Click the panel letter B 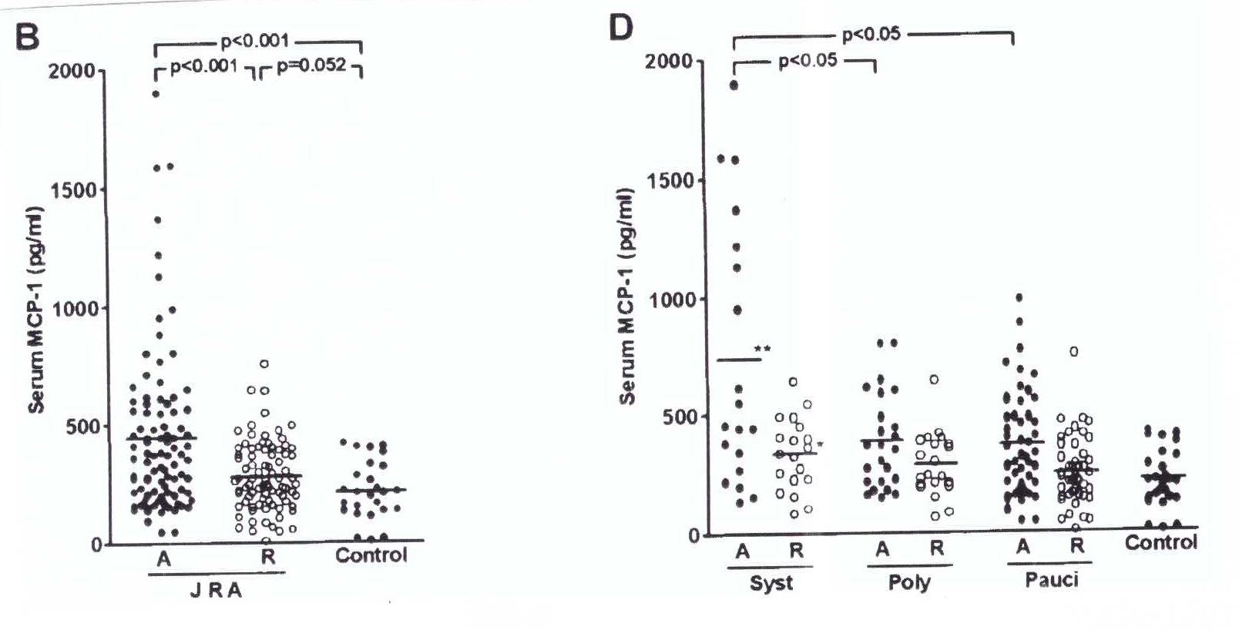(x=27, y=35)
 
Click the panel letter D (x=620, y=28)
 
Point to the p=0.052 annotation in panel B (x=311, y=65)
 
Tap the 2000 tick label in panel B (x=71, y=71)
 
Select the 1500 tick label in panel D (x=670, y=180)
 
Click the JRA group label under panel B (x=216, y=591)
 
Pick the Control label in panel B (x=371, y=555)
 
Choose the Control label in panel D (x=1160, y=543)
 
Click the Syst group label (x=771, y=583)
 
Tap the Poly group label (x=909, y=582)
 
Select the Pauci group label (x=1051, y=580)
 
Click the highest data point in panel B (x=156, y=94)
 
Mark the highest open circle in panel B (x=264, y=364)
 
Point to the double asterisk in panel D (x=762, y=350)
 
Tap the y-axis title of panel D (x=627, y=296)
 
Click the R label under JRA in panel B (x=267, y=557)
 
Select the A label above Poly (x=882, y=549)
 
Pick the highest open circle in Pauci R (x=1073, y=351)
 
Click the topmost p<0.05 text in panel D (x=871, y=35)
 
